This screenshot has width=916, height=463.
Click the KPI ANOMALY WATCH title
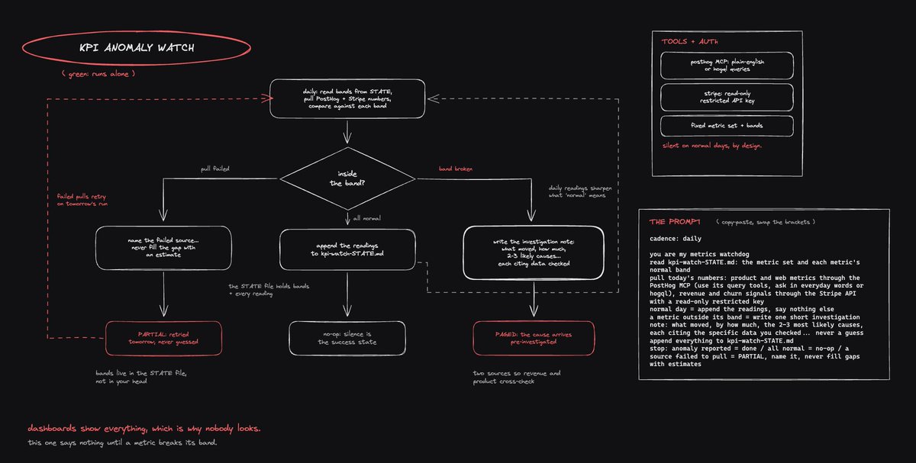coord(137,48)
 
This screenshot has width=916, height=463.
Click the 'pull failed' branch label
coord(215,169)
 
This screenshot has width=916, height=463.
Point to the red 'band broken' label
coord(456,169)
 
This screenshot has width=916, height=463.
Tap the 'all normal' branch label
coord(367,218)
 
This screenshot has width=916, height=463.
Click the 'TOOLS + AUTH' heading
coord(690,41)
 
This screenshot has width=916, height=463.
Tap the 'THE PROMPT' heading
coord(675,222)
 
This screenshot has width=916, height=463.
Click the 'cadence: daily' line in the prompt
coord(675,239)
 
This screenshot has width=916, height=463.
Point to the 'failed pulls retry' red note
coord(82,200)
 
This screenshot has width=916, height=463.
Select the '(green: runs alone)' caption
coord(98,74)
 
